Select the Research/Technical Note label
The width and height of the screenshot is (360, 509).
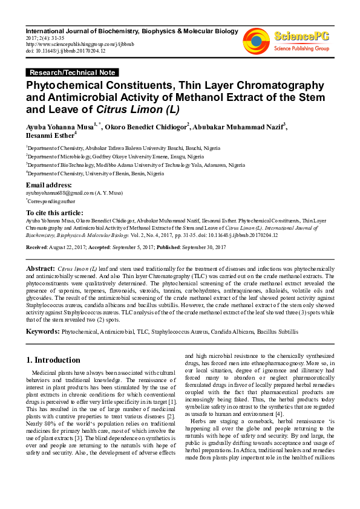tap(71, 73)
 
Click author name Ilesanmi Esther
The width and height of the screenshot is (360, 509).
tap(48, 137)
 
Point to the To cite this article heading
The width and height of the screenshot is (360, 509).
tap(55, 213)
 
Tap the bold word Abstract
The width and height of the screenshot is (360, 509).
tap(41, 267)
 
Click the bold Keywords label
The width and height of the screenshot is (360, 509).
tap(42, 331)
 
